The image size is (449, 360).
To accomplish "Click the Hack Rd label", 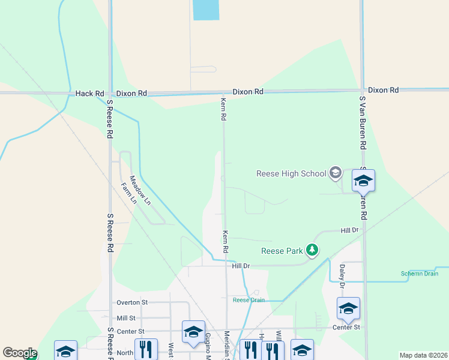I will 90,94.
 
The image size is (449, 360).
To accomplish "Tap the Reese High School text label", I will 291,174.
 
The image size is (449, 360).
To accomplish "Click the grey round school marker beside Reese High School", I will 336,174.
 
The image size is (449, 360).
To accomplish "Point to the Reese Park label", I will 282,251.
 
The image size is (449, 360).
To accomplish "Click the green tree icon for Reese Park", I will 311,249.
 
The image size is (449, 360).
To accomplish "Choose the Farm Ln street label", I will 129,193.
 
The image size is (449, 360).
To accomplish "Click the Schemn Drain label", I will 420,274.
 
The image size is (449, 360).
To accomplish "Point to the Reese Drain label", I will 249,300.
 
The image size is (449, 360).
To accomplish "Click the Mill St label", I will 126,318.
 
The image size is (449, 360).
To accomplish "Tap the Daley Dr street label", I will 342,275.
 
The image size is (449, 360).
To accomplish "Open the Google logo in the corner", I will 19,353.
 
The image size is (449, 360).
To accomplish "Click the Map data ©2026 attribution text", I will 423,355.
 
